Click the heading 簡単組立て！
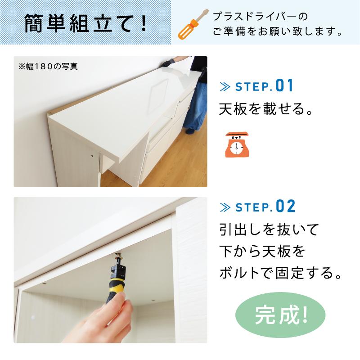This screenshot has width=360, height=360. pyautogui.click(x=85, y=22)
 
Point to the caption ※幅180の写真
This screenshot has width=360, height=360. pyautogui.click(x=48, y=66)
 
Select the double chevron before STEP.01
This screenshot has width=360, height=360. pyautogui.click(x=225, y=86)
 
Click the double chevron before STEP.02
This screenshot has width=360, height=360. pyautogui.click(x=225, y=207)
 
